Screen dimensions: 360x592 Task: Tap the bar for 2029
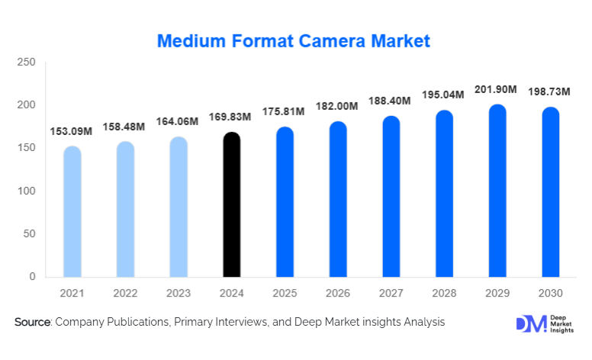pos(497,191)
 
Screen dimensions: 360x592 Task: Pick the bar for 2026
pos(338,199)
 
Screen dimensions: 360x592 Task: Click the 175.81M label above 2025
pos(285,111)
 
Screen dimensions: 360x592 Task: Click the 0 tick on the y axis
pos(32,277)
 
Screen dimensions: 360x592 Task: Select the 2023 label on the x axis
pos(179,293)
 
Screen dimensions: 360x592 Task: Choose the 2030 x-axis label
pos(551,293)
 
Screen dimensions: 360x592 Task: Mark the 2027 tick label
pos(391,293)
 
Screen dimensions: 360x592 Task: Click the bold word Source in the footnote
pos(32,323)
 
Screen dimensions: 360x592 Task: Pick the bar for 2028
pos(444,194)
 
